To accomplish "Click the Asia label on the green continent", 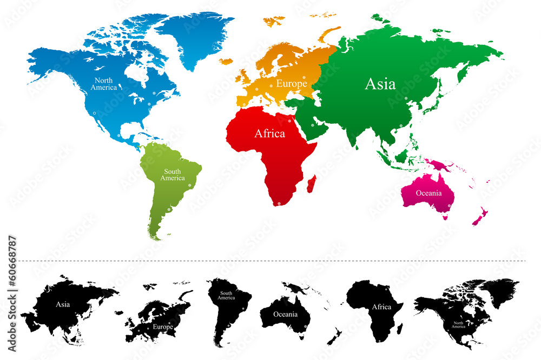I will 380,84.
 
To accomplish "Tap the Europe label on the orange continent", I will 292,84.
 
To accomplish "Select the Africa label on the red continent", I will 269,134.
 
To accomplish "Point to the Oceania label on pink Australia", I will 428,193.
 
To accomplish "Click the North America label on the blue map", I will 103,84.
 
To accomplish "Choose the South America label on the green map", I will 173,175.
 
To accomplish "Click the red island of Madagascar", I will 312,184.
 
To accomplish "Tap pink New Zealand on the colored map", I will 479,216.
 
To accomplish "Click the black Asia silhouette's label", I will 63,304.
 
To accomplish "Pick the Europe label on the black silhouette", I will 162,326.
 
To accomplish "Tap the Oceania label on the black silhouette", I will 285,314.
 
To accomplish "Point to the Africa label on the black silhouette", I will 381,306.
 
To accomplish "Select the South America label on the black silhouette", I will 226,296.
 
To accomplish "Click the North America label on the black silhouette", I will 459,325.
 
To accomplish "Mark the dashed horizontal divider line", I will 270,261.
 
